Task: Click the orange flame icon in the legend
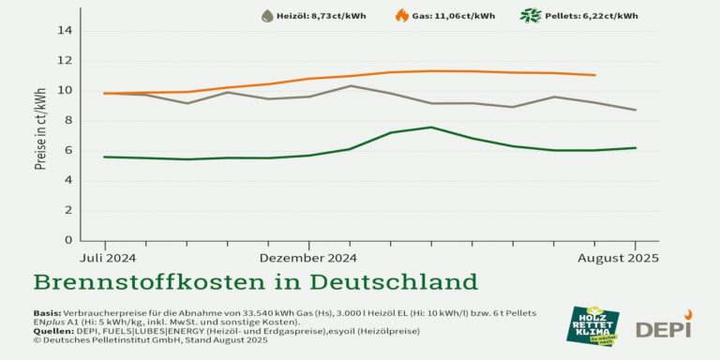[401, 16]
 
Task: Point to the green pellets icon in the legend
[531, 16]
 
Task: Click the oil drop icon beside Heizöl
[267, 16]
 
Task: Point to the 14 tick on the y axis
[65, 30]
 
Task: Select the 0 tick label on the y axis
[67, 240]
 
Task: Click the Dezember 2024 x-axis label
[307, 257]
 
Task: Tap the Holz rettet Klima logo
[592, 324]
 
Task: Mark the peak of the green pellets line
[430, 127]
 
